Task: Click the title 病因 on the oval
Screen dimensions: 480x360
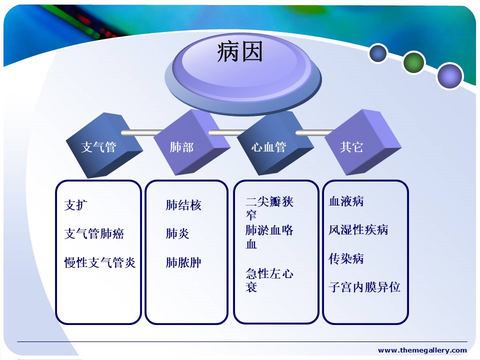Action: point(240,52)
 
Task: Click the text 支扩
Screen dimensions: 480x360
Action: point(76,205)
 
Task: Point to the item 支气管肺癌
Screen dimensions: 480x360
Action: point(94,233)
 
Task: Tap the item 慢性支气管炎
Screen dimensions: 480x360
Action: point(100,262)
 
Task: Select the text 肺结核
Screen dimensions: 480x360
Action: point(183,205)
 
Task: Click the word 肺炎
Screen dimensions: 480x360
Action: point(177,233)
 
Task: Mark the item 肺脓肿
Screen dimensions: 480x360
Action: point(183,262)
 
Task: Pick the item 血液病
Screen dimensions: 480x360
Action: point(346,201)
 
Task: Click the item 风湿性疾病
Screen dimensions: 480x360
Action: point(358,229)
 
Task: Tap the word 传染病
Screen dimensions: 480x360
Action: point(346,258)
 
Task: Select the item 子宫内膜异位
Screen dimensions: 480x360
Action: point(364,287)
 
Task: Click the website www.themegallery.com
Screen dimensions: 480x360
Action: point(422,350)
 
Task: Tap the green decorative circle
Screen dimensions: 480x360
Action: point(413,62)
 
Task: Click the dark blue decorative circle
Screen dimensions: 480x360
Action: point(378,53)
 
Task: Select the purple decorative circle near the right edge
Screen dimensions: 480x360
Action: point(449,75)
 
